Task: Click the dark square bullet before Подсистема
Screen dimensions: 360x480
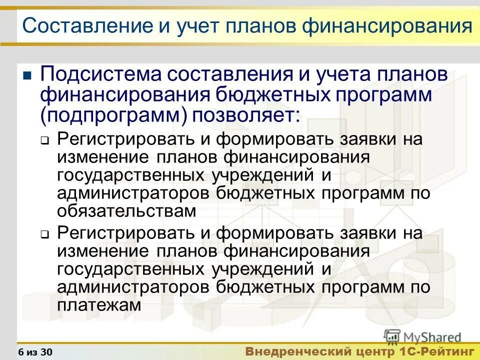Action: pos(27,76)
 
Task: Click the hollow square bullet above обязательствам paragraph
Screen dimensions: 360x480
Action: pos(44,141)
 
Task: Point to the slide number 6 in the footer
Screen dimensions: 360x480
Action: pos(20,352)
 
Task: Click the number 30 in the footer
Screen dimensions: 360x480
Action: pos(46,352)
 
